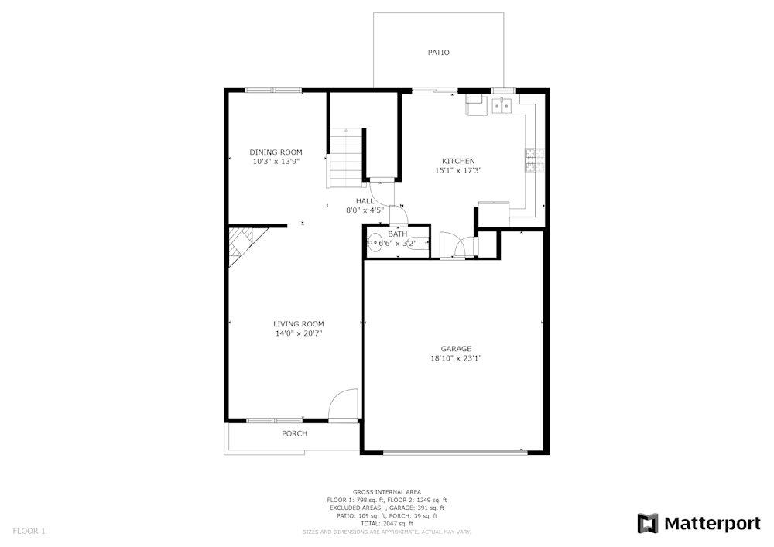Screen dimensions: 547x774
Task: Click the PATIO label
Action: coord(438,53)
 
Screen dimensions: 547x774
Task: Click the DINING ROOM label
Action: coord(276,152)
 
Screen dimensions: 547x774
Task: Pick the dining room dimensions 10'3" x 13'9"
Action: coord(276,162)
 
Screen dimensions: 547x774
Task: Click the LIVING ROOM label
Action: coord(298,323)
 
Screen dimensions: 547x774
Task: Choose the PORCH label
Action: coord(294,433)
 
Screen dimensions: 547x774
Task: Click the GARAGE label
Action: coord(456,348)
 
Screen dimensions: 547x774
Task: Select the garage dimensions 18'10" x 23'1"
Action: coord(456,358)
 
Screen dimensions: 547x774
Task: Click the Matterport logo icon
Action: coord(647,523)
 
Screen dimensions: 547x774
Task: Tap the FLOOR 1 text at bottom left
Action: coord(29,531)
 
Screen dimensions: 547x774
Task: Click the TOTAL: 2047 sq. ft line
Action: coord(387,524)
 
